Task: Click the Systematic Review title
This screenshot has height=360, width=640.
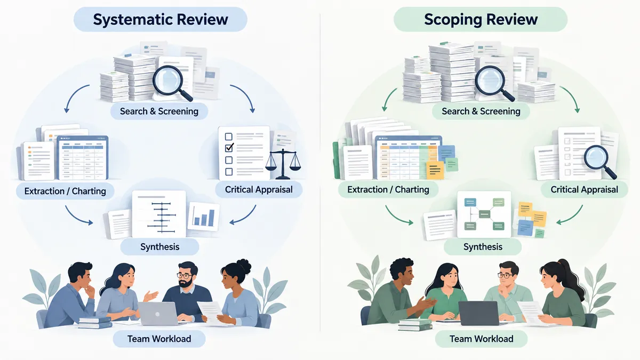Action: [x=161, y=19]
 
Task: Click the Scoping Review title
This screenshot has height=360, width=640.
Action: [x=481, y=19]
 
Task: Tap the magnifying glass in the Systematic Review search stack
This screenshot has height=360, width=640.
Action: [x=171, y=83]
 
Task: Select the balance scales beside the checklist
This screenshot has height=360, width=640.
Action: [x=283, y=164]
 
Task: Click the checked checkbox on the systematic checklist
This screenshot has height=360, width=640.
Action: [x=229, y=147]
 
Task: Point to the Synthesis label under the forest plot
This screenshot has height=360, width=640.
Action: [x=159, y=246]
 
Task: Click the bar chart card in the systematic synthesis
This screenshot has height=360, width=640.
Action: [x=203, y=217]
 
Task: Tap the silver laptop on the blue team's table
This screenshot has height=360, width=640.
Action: [x=158, y=314]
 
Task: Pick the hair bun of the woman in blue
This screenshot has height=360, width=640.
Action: [x=244, y=266]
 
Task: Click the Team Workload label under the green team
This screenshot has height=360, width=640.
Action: [x=482, y=339]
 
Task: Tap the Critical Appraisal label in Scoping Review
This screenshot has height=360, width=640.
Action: [x=585, y=189]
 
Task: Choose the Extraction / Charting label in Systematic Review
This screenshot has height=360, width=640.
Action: [x=65, y=191]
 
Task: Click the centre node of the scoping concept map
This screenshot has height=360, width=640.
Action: [x=485, y=214]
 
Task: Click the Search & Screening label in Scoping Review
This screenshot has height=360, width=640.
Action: [x=481, y=111]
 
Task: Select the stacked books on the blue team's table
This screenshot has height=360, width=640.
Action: [x=95, y=323]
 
